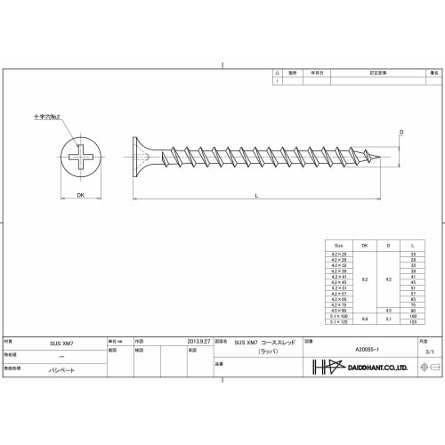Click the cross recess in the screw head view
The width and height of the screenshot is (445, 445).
(80, 160)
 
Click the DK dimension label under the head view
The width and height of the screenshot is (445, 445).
(80, 195)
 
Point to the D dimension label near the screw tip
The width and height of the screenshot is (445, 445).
(401, 132)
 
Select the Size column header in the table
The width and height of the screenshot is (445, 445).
(338, 245)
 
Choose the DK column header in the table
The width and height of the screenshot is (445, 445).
(364, 245)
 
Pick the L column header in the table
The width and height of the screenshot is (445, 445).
(412, 245)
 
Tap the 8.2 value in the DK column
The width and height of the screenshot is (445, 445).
(364, 279)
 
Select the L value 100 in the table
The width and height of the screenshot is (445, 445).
(412, 315)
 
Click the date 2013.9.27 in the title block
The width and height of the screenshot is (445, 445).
(198, 340)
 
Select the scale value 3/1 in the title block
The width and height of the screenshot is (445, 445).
(430, 352)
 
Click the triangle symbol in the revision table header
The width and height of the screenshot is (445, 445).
(278, 75)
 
